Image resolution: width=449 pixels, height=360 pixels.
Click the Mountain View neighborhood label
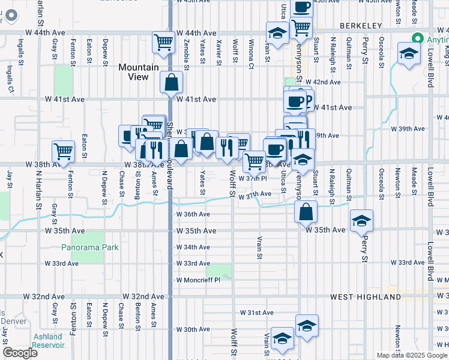coord(138,72)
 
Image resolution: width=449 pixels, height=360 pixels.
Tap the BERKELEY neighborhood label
coord(360,26)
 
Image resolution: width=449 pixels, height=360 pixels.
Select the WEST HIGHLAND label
coord(360,297)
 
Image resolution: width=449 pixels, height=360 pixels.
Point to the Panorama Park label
coord(90,247)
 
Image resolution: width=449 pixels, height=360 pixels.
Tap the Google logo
coord(20,353)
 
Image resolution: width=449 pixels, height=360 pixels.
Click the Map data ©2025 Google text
coord(412,355)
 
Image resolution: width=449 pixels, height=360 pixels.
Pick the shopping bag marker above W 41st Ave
coord(172,82)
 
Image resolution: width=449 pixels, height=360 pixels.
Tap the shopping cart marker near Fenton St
coord(63,152)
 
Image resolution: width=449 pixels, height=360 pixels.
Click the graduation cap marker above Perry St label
coord(362,220)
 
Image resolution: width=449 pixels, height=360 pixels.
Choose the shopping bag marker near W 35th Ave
coord(306,212)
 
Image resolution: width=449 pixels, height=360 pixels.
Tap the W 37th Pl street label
coord(252,178)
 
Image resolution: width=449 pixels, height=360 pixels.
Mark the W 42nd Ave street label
coord(322,82)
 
